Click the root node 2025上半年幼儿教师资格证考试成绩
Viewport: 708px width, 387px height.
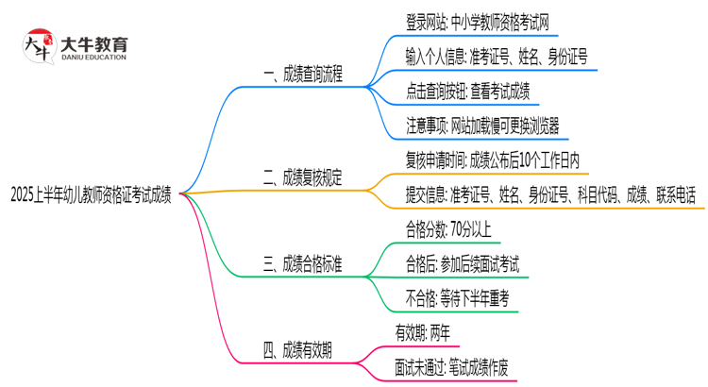(91, 195)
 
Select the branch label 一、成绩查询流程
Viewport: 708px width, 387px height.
(303, 74)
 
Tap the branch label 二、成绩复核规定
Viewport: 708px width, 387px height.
(303, 176)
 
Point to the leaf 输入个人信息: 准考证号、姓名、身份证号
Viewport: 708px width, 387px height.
(496, 58)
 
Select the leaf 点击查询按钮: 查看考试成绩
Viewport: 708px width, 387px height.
(469, 92)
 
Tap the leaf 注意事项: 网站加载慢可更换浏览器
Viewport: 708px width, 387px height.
(481, 126)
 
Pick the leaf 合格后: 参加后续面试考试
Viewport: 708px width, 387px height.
(462, 263)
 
